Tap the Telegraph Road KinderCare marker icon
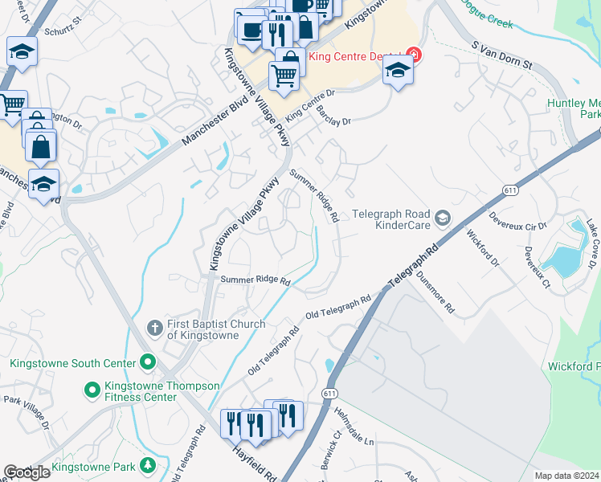[x=442, y=217]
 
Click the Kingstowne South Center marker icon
[x=147, y=363]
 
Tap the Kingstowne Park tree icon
[x=147, y=466]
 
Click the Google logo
[x=27, y=472]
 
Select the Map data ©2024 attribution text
[x=567, y=476]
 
